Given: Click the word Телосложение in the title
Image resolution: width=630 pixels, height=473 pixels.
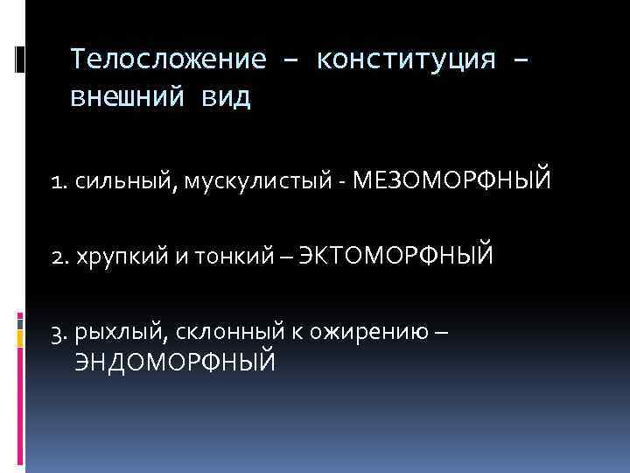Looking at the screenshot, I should coord(167,60).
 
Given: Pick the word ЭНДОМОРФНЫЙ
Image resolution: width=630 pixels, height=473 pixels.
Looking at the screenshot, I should coord(175,361).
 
